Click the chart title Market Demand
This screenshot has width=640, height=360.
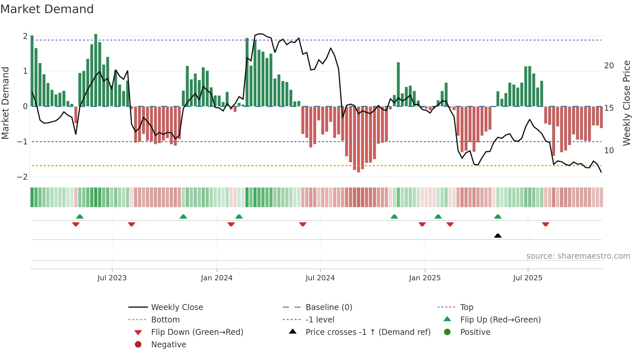[x=47, y=9]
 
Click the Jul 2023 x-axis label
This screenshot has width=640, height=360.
[x=112, y=278]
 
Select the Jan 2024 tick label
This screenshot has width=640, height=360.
[x=216, y=278]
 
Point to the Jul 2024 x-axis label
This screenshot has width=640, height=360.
[x=320, y=278]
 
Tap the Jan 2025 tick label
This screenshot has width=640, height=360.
[x=424, y=278]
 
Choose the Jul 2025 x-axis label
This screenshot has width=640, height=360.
[x=527, y=278]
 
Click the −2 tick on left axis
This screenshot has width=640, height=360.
[x=23, y=177]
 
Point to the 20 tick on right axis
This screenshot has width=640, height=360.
[x=609, y=66]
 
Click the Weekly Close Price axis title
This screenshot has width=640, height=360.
[x=626, y=103]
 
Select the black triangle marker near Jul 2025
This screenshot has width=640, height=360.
[x=498, y=236]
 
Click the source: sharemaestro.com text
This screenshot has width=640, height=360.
[x=578, y=256]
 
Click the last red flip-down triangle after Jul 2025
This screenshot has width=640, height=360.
[x=545, y=224]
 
